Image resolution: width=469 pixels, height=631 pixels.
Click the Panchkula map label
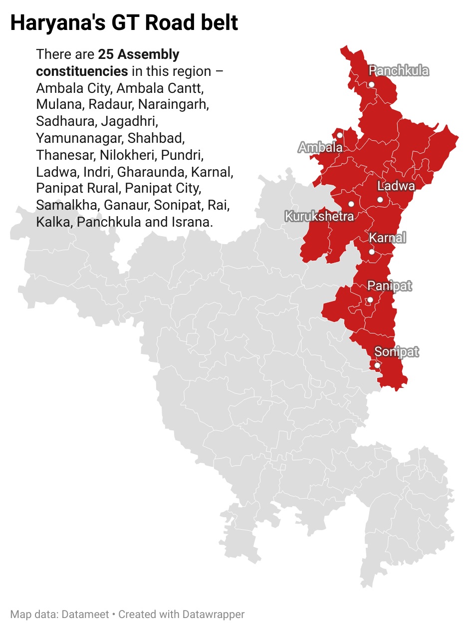[x=399, y=71]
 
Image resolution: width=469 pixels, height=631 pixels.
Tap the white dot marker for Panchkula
[x=371, y=84]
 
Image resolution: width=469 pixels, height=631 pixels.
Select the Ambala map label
[x=320, y=147]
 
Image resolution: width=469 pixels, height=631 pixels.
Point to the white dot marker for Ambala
[x=340, y=135]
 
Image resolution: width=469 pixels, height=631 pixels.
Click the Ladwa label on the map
[x=396, y=186]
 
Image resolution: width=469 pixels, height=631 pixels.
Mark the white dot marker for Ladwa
[x=380, y=200]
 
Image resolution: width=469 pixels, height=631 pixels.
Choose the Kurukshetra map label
[x=319, y=216]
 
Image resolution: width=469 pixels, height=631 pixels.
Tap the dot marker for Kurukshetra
[x=351, y=204]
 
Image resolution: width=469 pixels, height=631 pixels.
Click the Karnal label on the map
[x=388, y=238]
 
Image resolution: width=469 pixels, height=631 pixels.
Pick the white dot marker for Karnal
[x=371, y=252]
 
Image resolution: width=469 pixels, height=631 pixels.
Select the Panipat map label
[x=390, y=286]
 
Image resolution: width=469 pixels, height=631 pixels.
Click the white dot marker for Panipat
[x=370, y=300]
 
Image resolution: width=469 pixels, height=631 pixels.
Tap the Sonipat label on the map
[x=397, y=352]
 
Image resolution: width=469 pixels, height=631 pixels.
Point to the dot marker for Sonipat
[x=377, y=365]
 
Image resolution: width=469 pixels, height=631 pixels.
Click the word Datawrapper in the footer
[x=213, y=614]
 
